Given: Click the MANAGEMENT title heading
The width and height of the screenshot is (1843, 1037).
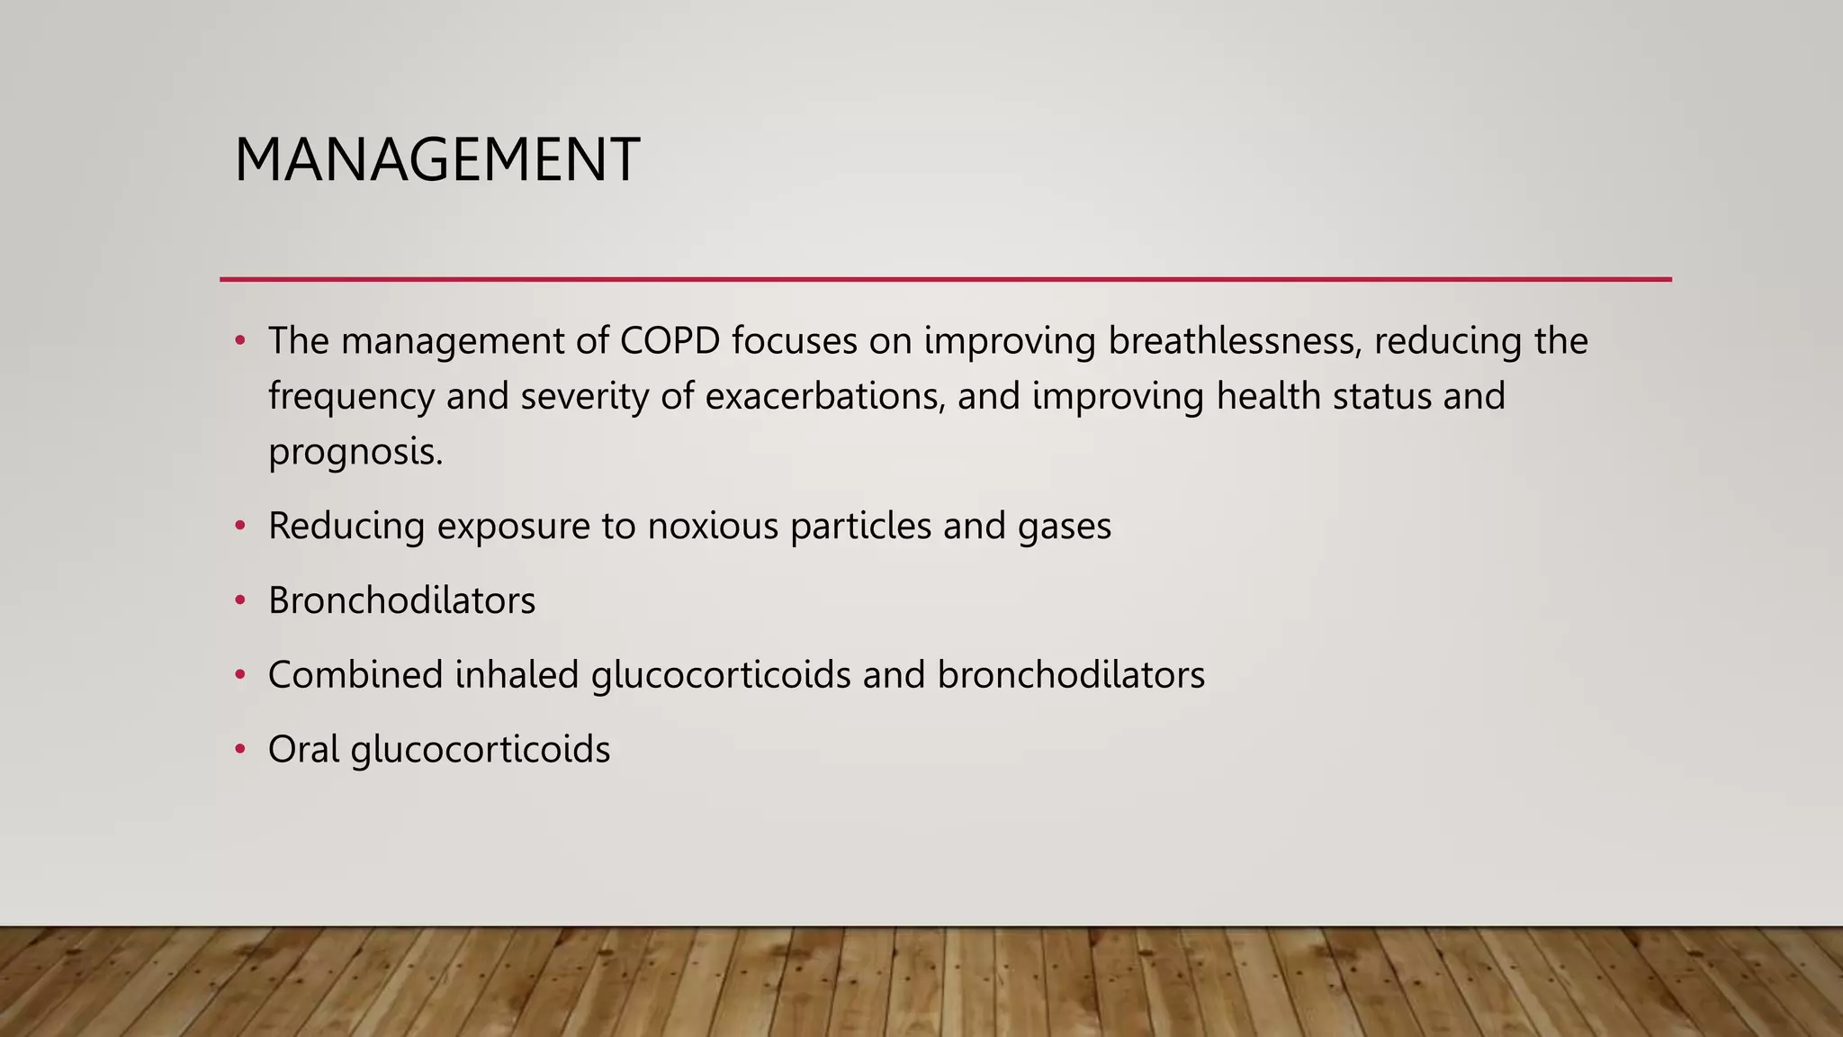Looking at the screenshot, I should tap(436, 160).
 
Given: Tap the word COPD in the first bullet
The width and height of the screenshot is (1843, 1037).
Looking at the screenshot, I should tap(670, 341).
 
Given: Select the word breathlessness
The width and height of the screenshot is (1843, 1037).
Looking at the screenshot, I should tap(1233, 341).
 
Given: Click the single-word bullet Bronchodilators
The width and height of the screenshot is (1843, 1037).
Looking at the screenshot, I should tap(401, 601).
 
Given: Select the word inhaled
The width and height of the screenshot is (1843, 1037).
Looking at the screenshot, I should tap(517, 675).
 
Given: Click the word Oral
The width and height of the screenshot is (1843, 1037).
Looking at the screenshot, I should tap(303, 750).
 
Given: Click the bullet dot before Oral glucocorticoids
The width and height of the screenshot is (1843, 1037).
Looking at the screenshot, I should tap(239, 749).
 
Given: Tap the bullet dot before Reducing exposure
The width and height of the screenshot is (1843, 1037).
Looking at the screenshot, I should tap(239, 526).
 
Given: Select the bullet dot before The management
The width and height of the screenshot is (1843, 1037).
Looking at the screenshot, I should tap(239, 340).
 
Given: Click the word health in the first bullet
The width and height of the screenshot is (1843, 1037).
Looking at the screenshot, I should tap(1268, 397).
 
